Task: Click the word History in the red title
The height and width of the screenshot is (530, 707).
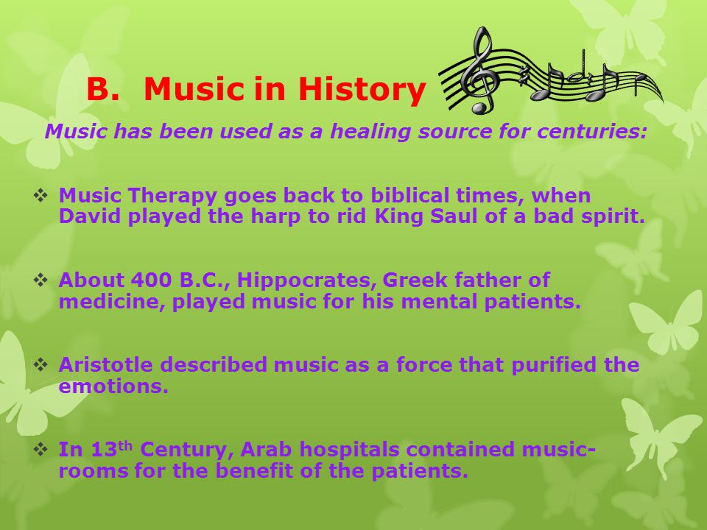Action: [x=362, y=89]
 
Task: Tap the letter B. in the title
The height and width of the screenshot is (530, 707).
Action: [x=103, y=89]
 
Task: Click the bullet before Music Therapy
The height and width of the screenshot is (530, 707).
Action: [x=41, y=196]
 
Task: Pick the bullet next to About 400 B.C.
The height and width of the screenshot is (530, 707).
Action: [x=41, y=280]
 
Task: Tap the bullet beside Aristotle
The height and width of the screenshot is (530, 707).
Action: [x=41, y=365]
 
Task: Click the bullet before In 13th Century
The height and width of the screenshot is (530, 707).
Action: [x=41, y=449]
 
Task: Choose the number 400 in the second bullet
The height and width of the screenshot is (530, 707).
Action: [x=151, y=280]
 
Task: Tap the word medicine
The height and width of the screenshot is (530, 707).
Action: [x=112, y=302]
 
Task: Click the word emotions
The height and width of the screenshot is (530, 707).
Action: [x=113, y=386]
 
